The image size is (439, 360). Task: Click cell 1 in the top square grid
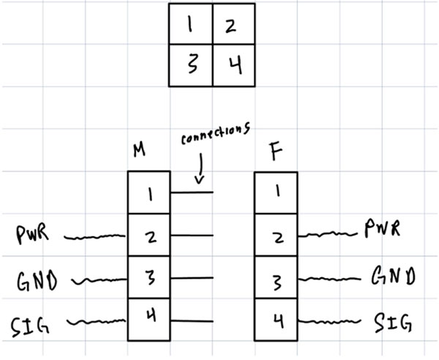point(190,26)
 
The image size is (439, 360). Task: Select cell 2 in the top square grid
point(233,26)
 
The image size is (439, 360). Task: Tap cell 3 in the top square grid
point(190,66)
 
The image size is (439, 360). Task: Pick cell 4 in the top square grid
point(233,67)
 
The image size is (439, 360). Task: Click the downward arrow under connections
point(199,165)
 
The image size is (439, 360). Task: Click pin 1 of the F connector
point(276,192)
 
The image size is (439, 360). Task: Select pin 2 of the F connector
point(276,235)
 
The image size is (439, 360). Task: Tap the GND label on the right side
point(393,278)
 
